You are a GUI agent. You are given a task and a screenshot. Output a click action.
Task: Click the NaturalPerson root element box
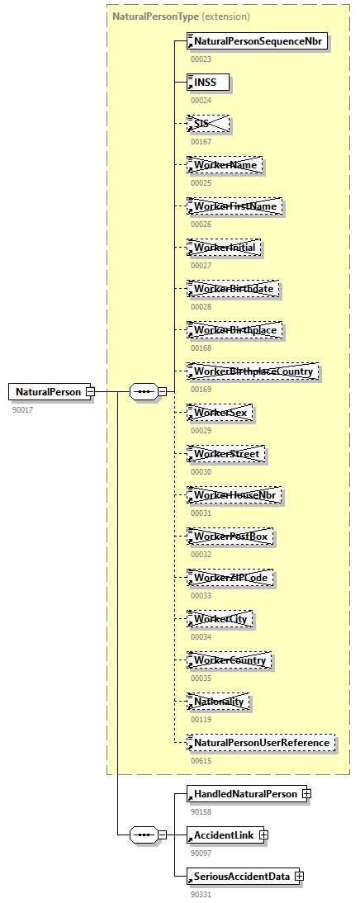pyautogui.click(x=48, y=391)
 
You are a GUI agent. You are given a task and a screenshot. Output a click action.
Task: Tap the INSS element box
pyautogui.click(x=208, y=83)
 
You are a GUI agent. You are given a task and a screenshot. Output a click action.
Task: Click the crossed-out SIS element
pyautogui.click(x=208, y=124)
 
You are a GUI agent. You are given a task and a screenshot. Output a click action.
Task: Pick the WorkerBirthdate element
pyautogui.click(x=234, y=289)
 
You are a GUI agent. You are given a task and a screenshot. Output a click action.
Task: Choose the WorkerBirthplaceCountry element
pyautogui.click(x=253, y=371)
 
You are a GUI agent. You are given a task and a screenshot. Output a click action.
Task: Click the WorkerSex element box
pyautogui.click(x=220, y=413)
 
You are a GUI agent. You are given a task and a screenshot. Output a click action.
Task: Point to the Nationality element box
pyautogui.click(x=219, y=702)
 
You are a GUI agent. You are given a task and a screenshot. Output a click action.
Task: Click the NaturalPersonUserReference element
pyautogui.click(x=262, y=743)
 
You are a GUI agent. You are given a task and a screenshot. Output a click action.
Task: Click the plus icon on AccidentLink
pyautogui.click(x=263, y=835)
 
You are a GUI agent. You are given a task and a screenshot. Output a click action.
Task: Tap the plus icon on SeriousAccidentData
pyautogui.click(x=300, y=877)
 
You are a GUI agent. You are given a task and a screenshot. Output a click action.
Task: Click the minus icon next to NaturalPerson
pyautogui.click(x=90, y=392)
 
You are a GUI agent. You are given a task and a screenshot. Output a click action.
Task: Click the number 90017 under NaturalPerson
pyautogui.click(x=23, y=409)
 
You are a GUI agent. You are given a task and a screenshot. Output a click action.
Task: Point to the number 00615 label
pyautogui.click(x=201, y=761)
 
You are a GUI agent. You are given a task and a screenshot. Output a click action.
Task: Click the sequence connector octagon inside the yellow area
pyautogui.click(x=144, y=392)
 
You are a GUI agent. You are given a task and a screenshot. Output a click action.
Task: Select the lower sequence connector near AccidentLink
pyautogui.click(x=144, y=835)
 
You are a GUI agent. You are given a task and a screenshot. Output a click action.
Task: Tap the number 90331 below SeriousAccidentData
pyautogui.click(x=201, y=894)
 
